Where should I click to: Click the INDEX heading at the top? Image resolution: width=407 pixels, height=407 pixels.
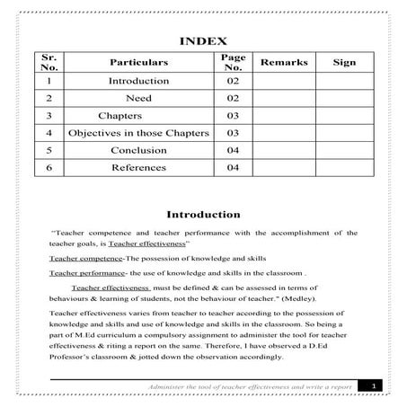point(203,41)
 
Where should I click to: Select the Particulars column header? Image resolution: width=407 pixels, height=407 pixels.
point(138,63)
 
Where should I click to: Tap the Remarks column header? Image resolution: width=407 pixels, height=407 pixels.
point(283,62)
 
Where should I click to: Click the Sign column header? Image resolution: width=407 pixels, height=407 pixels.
point(343,62)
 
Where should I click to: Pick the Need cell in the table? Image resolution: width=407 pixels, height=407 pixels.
point(138,98)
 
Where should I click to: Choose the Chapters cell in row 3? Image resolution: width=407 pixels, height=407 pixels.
point(117,116)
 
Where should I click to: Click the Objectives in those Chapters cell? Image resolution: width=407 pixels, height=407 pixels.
point(138,133)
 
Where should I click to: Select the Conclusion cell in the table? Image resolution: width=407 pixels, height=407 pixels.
point(138,150)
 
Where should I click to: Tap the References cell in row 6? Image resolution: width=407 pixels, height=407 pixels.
point(138,167)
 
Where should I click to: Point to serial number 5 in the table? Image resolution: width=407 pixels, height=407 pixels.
point(49,150)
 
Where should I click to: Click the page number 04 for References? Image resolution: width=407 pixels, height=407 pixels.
point(233,167)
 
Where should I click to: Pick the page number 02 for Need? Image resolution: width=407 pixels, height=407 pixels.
point(233,98)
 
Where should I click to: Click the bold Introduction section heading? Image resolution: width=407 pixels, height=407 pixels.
point(203,215)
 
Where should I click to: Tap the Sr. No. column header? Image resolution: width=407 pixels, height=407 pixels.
point(49,62)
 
